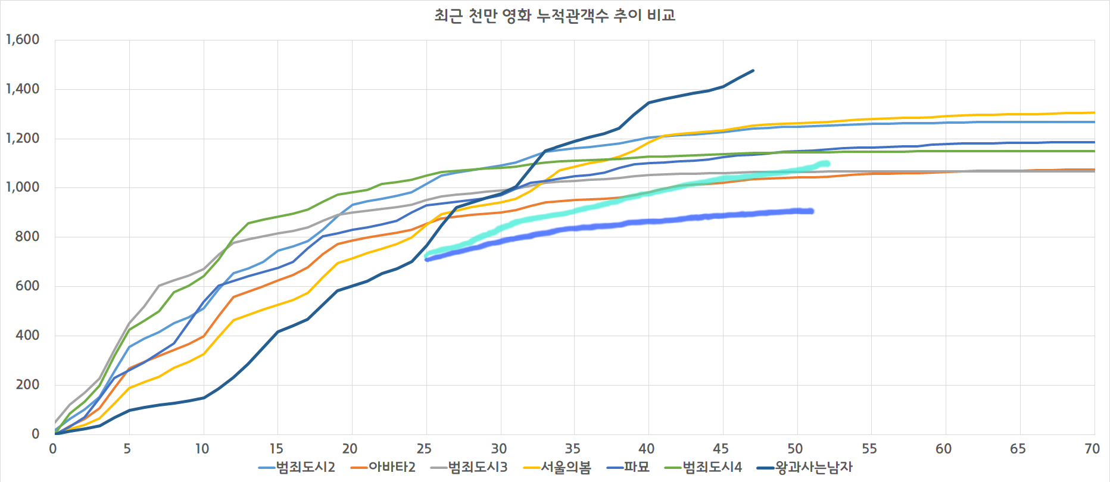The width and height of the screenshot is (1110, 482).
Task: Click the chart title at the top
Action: (x=554, y=15)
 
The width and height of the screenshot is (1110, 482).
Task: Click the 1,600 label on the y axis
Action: (x=23, y=40)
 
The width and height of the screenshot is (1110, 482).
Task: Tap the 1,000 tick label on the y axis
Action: (x=23, y=187)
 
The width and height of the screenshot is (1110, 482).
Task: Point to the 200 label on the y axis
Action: (x=27, y=385)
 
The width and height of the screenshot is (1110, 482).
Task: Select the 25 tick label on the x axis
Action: (x=424, y=449)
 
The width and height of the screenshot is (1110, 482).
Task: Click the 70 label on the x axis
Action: (x=1092, y=449)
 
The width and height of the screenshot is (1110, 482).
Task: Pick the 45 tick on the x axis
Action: (x=721, y=449)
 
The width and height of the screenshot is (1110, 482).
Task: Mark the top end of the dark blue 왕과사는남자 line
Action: (x=753, y=71)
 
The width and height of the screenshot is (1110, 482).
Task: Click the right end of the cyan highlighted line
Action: (x=827, y=164)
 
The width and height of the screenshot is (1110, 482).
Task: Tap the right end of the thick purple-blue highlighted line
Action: (x=811, y=211)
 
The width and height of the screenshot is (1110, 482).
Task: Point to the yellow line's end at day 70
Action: (x=1094, y=112)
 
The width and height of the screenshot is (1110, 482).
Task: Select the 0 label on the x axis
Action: (x=53, y=449)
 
